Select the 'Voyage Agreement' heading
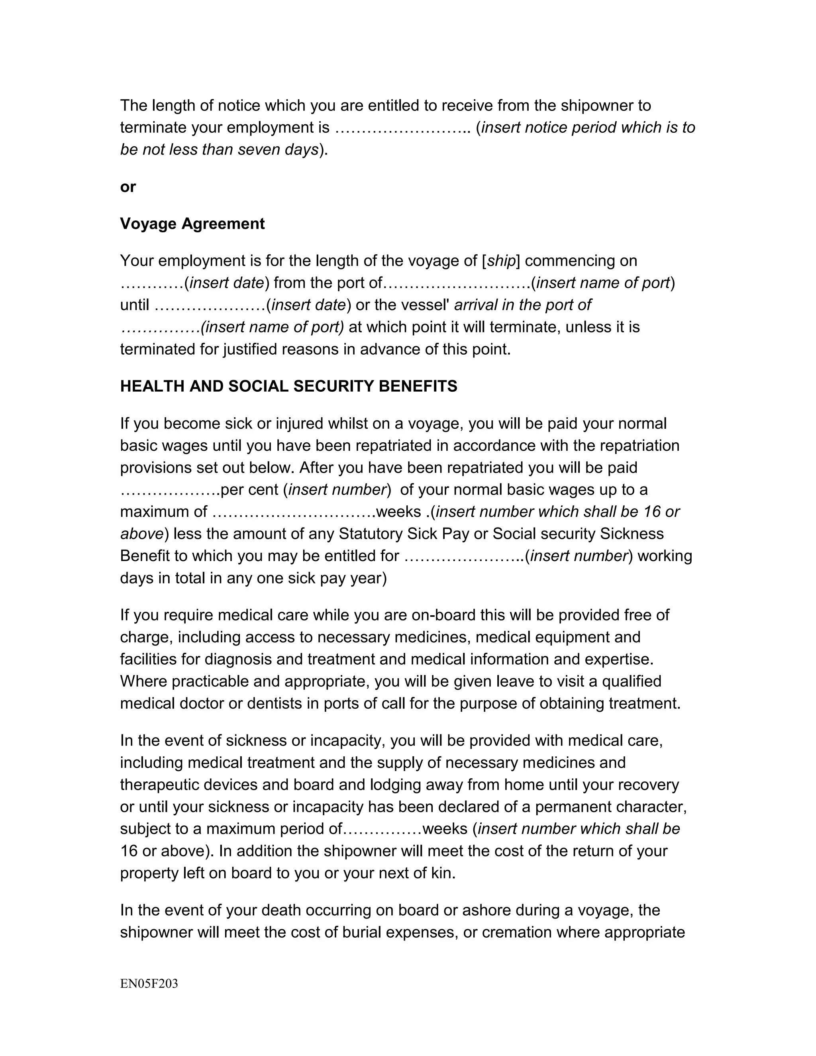pos(192,224)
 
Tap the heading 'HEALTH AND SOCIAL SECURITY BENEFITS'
pos(288,386)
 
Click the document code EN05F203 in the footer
pos(149,983)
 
